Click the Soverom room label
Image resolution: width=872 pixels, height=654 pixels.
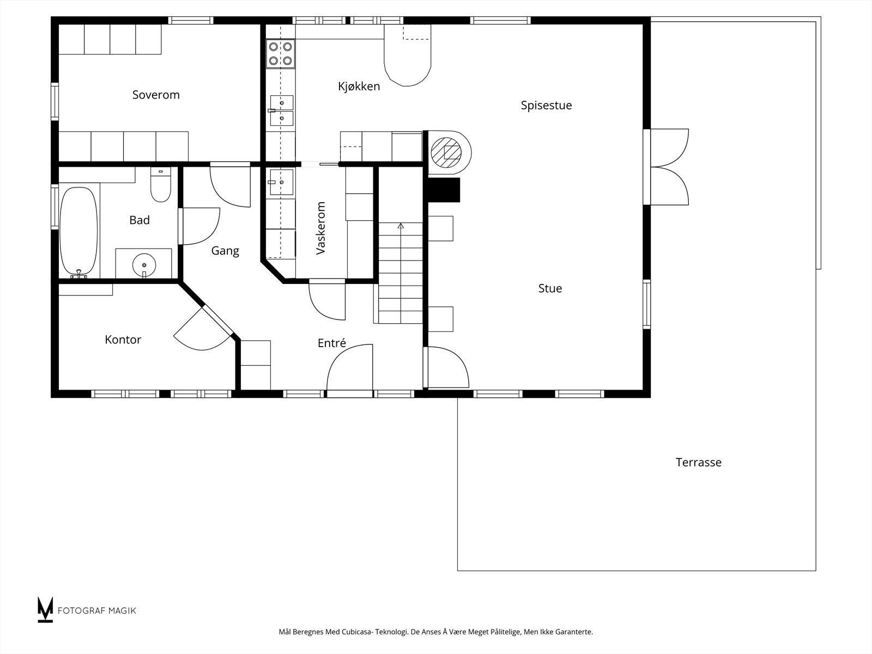coord(156,95)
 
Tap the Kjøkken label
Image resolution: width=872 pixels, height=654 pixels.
coord(359,86)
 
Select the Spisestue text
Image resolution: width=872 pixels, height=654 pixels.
coord(546,105)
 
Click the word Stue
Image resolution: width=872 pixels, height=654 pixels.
coord(550,288)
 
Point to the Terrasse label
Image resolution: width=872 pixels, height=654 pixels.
coord(698,462)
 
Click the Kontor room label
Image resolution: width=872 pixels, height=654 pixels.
coord(123,340)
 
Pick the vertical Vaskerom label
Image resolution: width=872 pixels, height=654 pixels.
coord(321,228)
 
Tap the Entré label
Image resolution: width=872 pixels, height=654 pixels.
coord(331,343)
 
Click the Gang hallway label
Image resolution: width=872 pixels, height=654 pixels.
coord(225,251)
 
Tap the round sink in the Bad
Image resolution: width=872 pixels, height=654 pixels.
coord(144,264)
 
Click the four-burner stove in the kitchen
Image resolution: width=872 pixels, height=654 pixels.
coord(280,53)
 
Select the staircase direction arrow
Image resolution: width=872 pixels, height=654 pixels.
coord(401,226)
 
